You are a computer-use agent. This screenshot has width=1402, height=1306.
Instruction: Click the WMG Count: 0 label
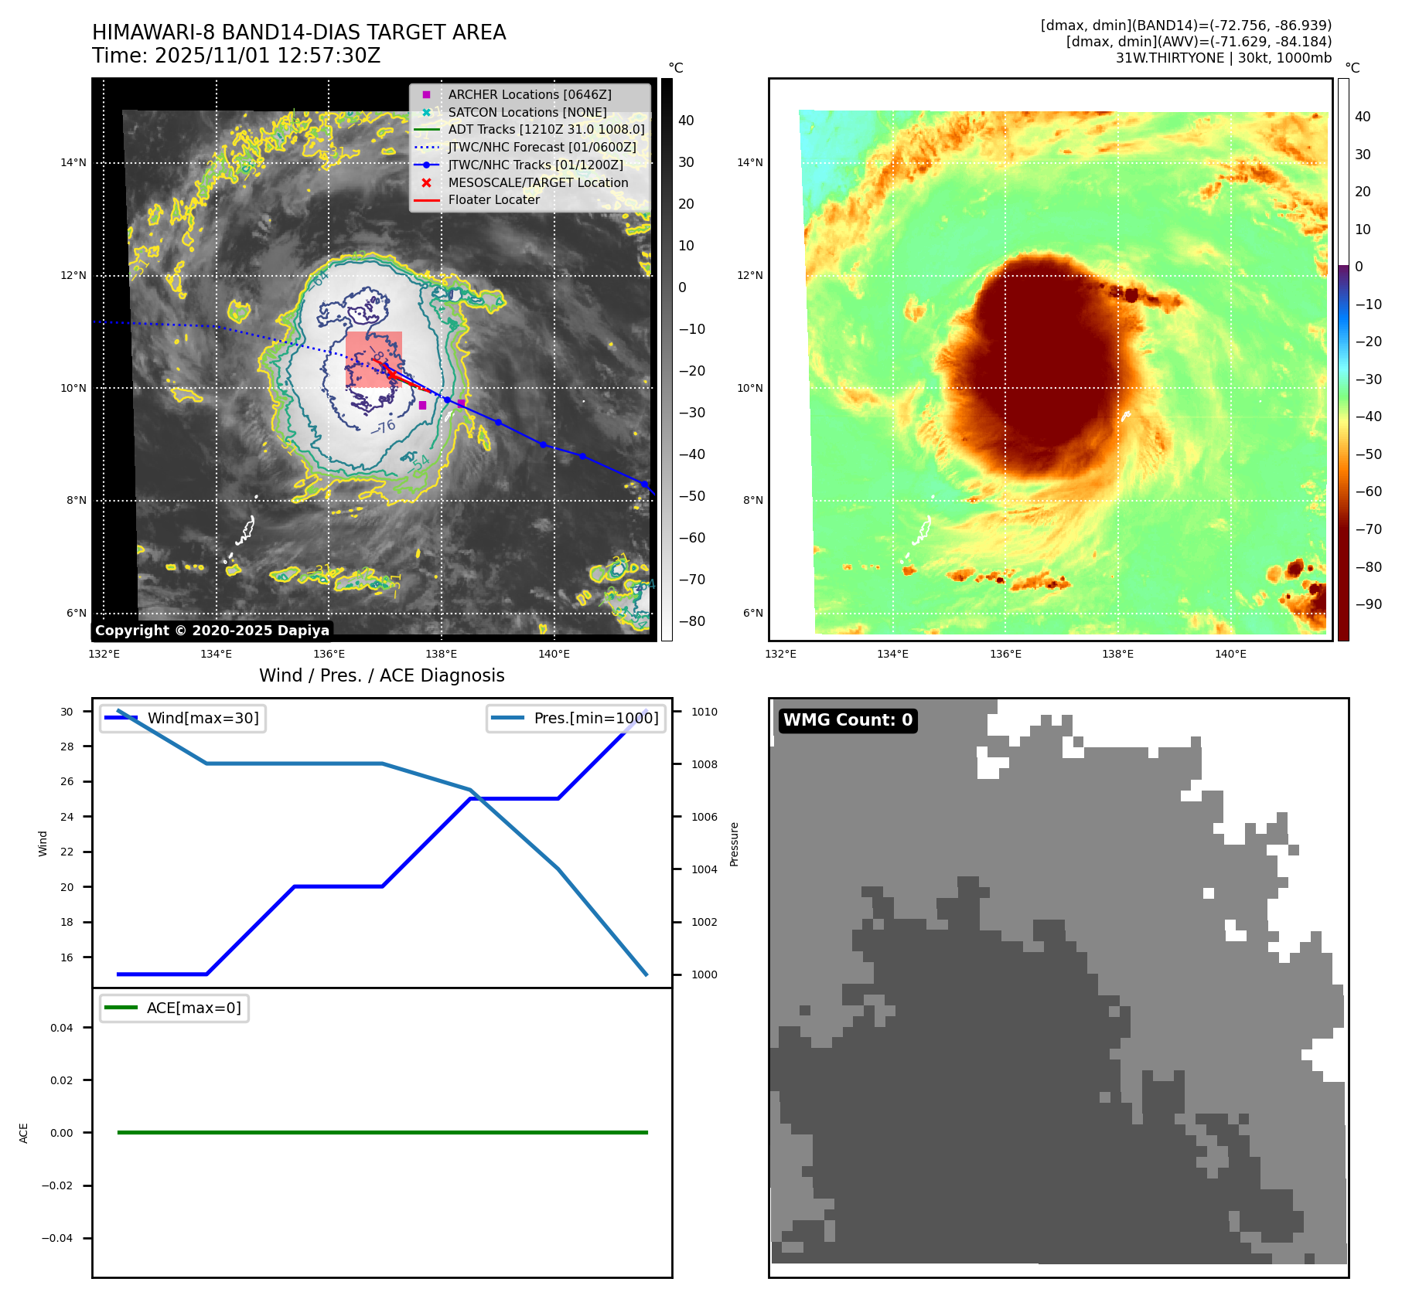848,720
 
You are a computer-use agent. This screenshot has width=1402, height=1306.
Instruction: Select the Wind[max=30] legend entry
203,718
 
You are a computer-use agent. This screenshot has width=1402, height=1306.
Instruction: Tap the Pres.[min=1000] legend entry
595,718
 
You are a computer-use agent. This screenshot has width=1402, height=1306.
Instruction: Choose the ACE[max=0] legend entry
193,1008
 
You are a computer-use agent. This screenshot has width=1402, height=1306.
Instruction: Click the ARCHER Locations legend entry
529,94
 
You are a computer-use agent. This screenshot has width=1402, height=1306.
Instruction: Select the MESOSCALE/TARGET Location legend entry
537,182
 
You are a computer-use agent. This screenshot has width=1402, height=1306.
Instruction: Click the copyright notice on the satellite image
212,631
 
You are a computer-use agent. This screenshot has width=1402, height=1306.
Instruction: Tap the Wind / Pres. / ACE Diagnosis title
381,675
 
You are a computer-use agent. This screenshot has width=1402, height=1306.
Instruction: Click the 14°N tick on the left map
74,162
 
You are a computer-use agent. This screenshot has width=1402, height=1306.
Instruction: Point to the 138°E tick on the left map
441,655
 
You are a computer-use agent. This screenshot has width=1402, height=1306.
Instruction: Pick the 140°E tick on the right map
1230,655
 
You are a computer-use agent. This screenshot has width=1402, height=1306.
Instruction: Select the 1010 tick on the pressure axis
704,712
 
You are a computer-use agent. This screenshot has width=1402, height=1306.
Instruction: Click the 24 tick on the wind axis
67,817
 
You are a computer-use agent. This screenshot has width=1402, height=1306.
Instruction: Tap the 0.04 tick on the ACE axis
62,1028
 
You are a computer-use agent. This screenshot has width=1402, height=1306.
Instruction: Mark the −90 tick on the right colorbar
1368,604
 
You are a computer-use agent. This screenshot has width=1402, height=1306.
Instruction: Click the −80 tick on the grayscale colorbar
691,621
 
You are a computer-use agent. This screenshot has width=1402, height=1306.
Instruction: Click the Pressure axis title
734,844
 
